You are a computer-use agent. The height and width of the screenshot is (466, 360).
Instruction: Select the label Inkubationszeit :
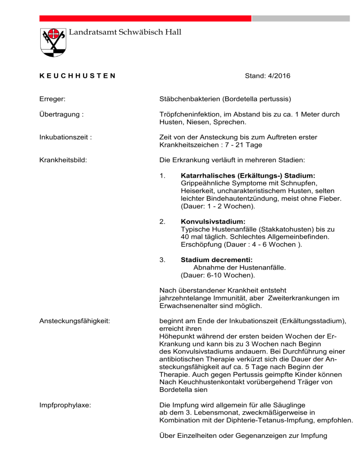pyautogui.click(x=65, y=137)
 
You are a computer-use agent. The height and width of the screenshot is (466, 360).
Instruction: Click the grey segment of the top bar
pyautogui.click(x=300, y=18)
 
